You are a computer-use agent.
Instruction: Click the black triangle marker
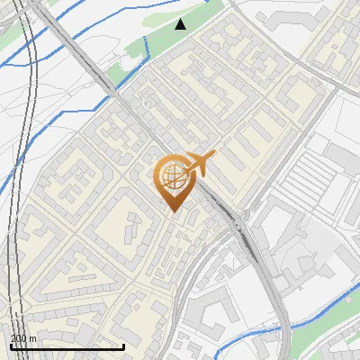click(x=181, y=23)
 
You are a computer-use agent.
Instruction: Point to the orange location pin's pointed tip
click(x=173, y=211)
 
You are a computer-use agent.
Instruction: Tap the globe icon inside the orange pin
click(x=173, y=177)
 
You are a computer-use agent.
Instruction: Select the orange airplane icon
click(x=199, y=163)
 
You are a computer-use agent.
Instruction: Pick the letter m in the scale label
click(x=32, y=338)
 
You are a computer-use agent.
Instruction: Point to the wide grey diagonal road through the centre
click(x=135, y=117)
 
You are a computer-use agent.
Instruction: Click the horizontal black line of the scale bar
click(x=67, y=346)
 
